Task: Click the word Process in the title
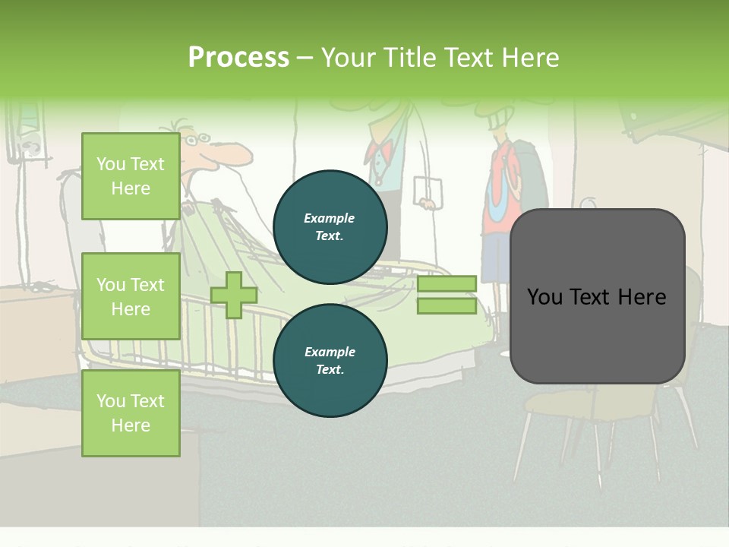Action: click(238, 57)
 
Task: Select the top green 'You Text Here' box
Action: click(131, 176)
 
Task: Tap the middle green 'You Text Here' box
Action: click(131, 296)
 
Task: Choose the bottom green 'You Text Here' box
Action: click(131, 413)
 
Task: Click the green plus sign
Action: click(234, 295)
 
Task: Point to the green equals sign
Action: click(447, 295)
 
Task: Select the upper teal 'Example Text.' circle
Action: click(330, 227)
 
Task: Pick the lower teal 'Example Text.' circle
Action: click(330, 360)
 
